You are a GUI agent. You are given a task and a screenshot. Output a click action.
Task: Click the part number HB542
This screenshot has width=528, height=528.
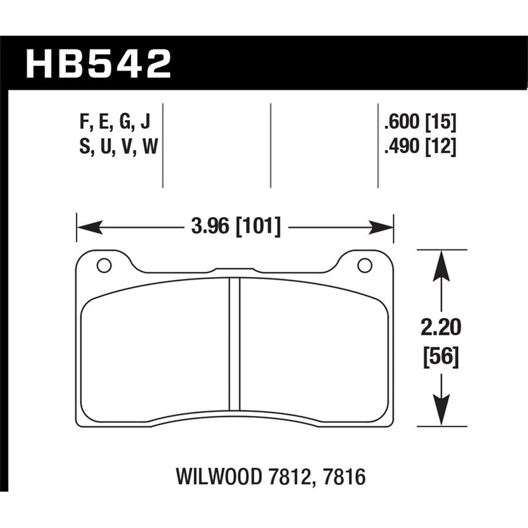[x=98, y=64]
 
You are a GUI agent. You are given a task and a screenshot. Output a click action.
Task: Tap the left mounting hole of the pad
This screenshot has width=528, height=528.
[x=104, y=266]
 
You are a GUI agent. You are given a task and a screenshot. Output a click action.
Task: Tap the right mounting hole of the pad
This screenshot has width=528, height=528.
[x=364, y=266]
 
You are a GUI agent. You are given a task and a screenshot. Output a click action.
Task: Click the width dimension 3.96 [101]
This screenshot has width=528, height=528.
[x=235, y=228]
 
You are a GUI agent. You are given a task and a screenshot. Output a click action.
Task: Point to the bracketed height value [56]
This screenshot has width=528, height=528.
[x=439, y=358]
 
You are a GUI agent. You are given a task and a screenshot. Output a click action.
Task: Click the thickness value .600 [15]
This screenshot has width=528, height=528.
[x=419, y=122]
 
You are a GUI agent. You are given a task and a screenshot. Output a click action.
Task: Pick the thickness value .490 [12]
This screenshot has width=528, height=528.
[x=419, y=148]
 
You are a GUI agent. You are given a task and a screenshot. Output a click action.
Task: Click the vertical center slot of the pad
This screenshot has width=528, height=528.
[x=234, y=343]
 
